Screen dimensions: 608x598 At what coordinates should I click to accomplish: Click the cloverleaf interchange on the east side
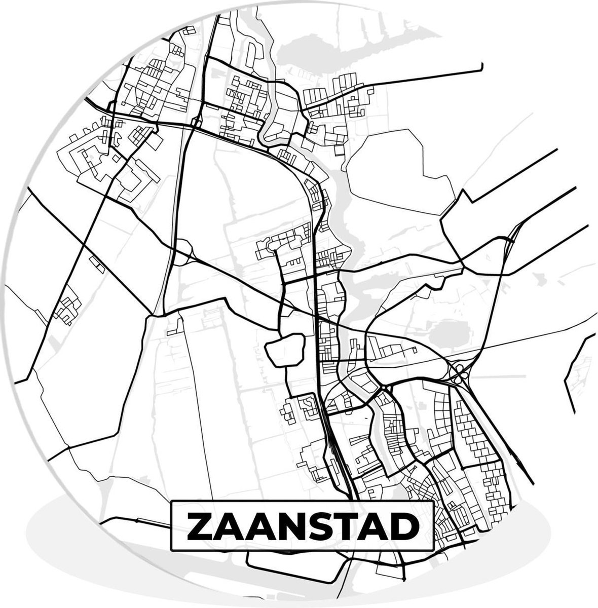tap(460, 373)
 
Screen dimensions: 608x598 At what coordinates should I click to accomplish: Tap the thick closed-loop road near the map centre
tap(284, 349)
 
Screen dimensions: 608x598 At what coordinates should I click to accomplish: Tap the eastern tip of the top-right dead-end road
tap(481, 65)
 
